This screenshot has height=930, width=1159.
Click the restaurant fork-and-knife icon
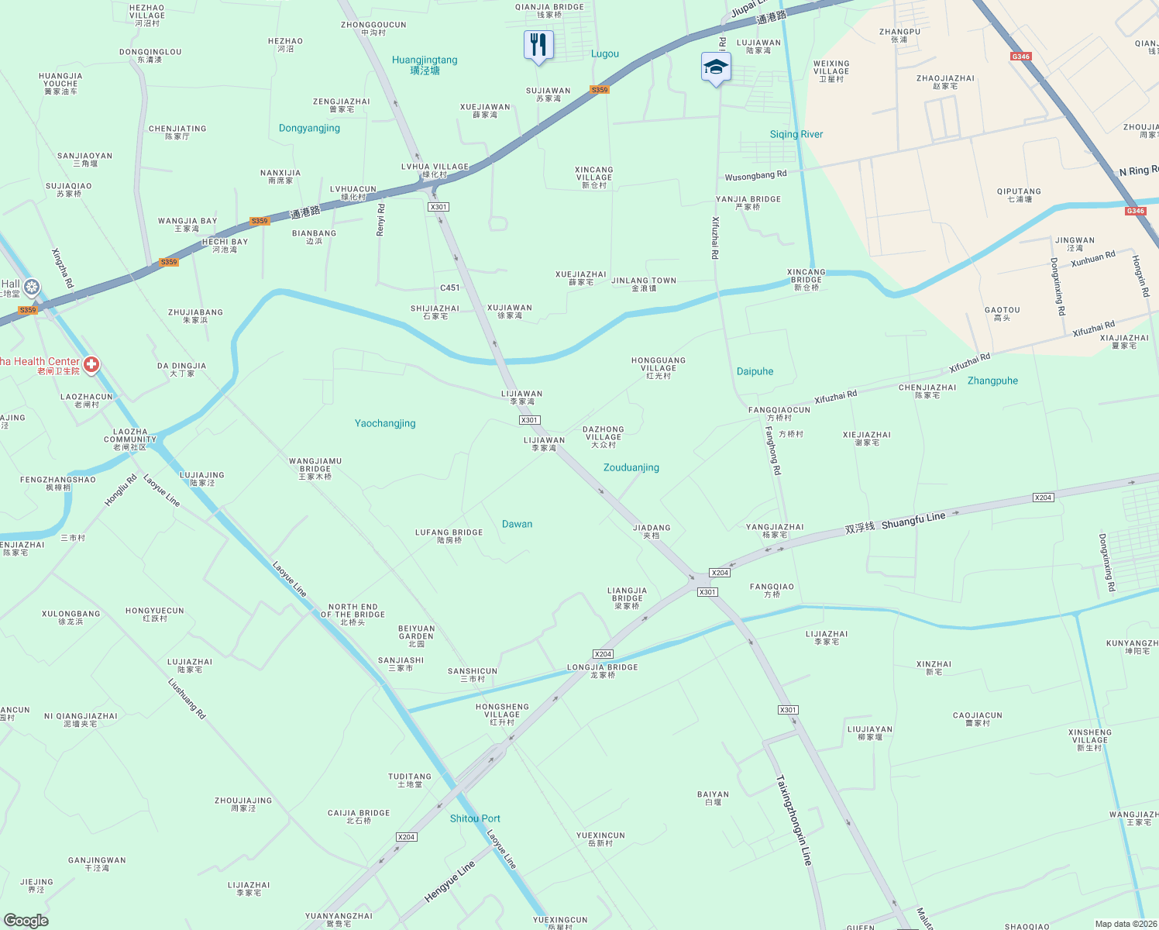pyautogui.click(x=538, y=46)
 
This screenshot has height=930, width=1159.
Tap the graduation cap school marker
pyautogui.click(x=716, y=67)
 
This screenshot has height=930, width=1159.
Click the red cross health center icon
pyautogui.click(x=91, y=364)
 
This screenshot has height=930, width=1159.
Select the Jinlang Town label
pyautogui.click(x=644, y=284)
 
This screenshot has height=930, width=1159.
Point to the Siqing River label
pyautogui.click(x=796, y=135)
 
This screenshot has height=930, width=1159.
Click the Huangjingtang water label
pyautogui.click(x=425, y=64)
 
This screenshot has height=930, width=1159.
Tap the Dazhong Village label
pyautogui.click(x=604, y=436)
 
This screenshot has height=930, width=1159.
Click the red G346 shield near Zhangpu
pyautogui.click(x=1020, y=57)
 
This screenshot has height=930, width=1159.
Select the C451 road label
pyautogui.click(x=450, y=288)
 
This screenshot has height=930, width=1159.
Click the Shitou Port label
pyautogui.click(x=475, y=819)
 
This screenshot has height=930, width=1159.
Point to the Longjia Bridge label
pyautogui.click(x=603, y=670)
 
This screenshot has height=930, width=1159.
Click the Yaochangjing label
pyautogui.click(x=385, y=424)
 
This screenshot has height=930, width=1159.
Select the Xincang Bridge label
pyautogui.click(x=806, y=279)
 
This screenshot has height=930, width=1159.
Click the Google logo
pyautogui.click(x=26, y=921)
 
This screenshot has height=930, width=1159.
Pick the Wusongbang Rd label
pyautogui.click(x=755, y=176)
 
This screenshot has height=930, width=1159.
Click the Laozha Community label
pyautogui.click(x=130, y=439)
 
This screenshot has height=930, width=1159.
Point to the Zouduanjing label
pyautogui.click(x=631, y=468)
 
